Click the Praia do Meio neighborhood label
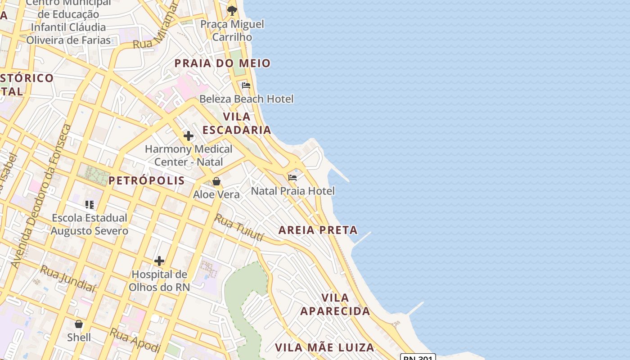pyautogui.click(x=222, y=63)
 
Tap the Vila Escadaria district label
pyautogui.click(x=237, y=123)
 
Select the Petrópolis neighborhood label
pyautogui.click(x=147, y=180)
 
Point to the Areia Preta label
pyautogui.click(x=318, y=230)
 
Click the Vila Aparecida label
pyautogui.click(x=335, y=304)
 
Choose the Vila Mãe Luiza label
pyautogui.click(x=324, y=347)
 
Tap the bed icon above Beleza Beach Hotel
pyautogui.click(x=246, y=85)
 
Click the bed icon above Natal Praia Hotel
pyautogui.click(x=292, y=177)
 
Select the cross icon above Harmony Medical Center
pyautogui.click(x=189, y=135)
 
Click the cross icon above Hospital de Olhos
pyautogui.click(x=159, y=261)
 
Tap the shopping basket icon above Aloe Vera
pyautogui.click(x=216, y=181)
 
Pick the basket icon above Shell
pyautogui.click(x=79, y=324)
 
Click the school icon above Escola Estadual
pyautogui.click(x=90, y=205)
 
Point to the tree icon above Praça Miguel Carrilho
pyautogui.click(x=232, y=10)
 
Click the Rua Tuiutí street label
pyautogui.click(x=238, y=227)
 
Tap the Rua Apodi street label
pyautogui.click(x=135, y=340)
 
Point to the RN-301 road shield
pyautogui.click(x=418, y=357)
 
